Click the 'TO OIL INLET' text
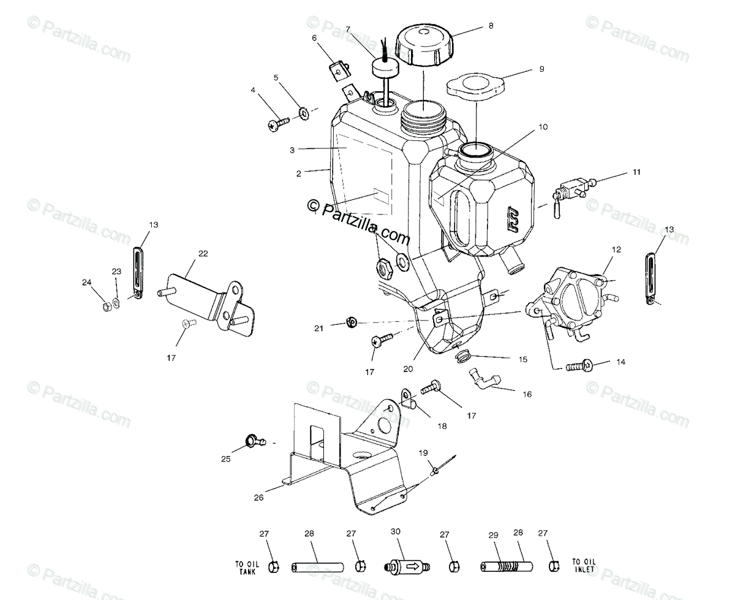(582, 564)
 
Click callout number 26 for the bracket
(258, 498)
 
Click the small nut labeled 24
(107, 304)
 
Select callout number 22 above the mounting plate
(186, 253)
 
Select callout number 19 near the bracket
(423, 453)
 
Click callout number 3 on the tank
(292, 150)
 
